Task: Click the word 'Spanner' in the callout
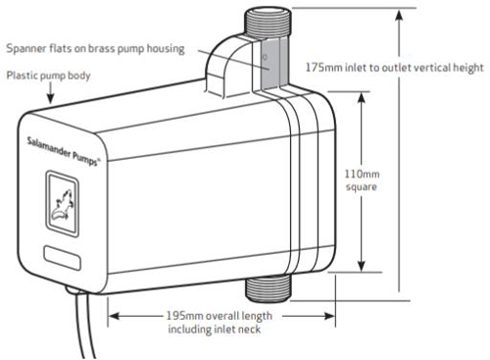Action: click(26, 47)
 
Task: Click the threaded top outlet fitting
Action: click(264, 22)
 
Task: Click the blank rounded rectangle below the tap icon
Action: click(65, 259)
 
